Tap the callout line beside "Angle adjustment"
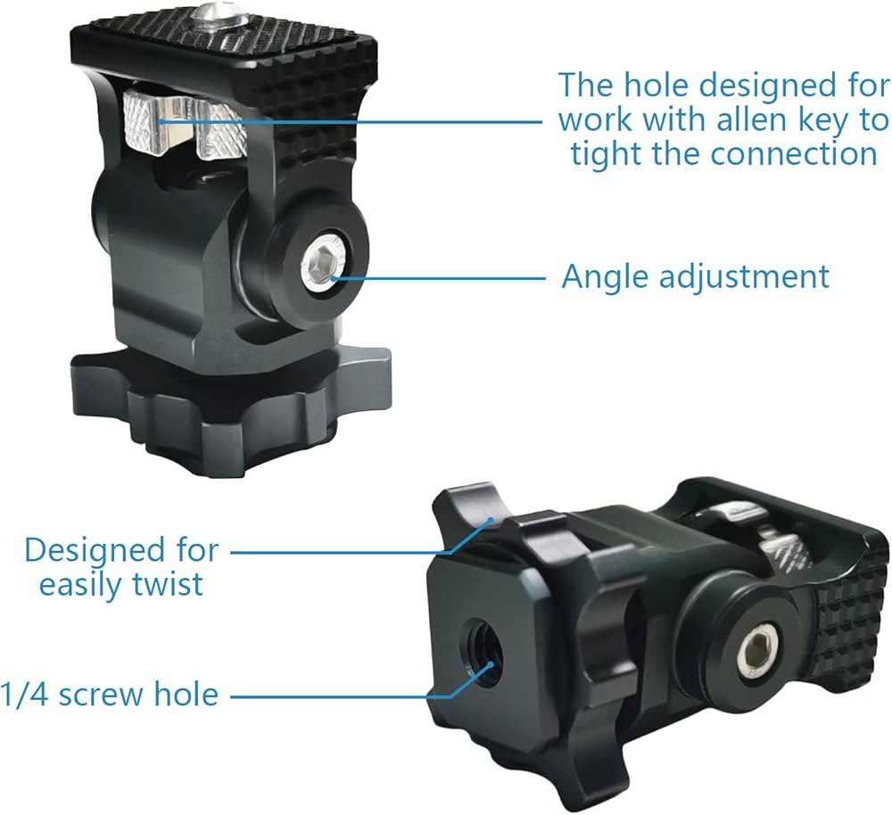click(442, 277)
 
